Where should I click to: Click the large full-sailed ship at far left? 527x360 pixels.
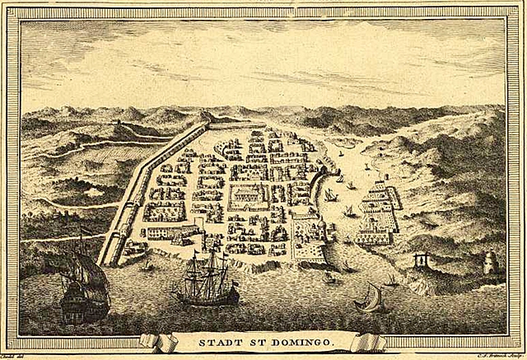[x=84, y=280]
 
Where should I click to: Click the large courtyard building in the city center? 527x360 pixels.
[x=246, y=197]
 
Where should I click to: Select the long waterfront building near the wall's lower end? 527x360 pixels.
[x=172, y=232]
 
